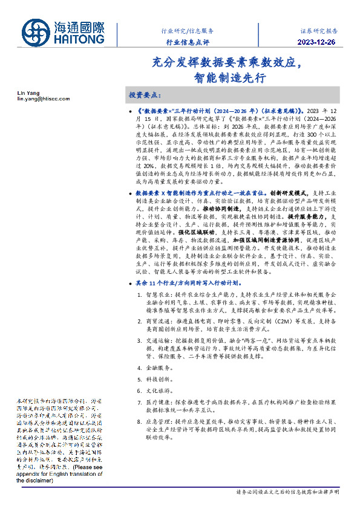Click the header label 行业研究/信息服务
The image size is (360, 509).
(x=187, y=30)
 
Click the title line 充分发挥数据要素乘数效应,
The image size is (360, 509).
(x=229, y=63)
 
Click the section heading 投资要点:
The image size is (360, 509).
(x=143, y=96)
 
